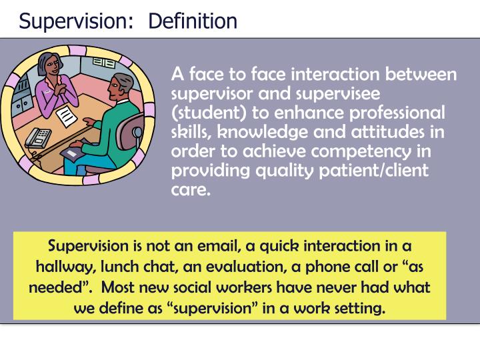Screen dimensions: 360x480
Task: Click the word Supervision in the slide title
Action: [73, 21]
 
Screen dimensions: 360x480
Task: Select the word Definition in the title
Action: [193, 21]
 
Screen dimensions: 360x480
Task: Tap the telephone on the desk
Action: [39, 136]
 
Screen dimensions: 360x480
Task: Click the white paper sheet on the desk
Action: [67, 117]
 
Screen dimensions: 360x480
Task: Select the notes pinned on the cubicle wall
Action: [104, 63]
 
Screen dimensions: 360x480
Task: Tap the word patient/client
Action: [377, 171]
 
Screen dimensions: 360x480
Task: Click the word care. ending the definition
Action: [190, 190]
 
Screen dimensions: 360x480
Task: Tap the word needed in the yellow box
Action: [54, 287]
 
